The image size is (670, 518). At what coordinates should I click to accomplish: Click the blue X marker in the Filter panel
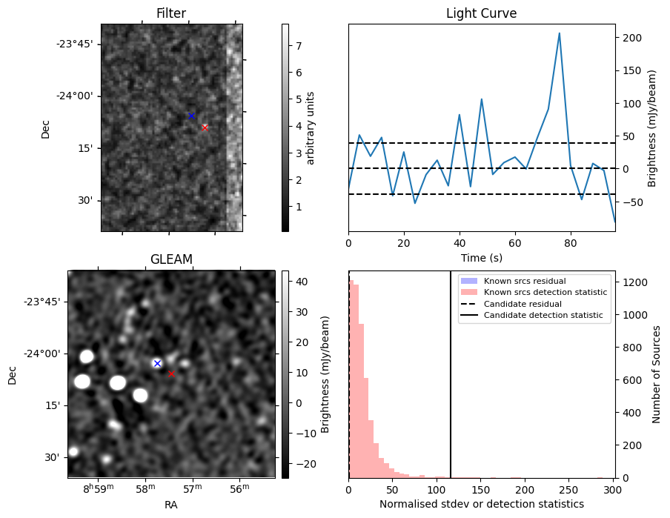191,116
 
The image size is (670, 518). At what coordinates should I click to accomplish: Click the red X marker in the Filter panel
205,127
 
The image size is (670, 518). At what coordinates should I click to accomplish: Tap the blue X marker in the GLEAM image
157,363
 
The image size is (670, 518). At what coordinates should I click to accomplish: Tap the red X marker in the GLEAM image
171,373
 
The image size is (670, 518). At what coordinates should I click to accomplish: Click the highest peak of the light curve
559,33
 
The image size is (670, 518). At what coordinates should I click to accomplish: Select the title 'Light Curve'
481,13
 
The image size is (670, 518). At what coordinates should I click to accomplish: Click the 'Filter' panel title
171,13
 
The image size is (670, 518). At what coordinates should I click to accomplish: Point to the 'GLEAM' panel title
171,259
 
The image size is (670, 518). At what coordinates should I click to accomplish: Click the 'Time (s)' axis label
481,257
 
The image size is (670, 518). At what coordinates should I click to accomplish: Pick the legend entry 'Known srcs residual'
524,282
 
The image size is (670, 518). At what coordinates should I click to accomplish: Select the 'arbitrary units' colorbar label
311,128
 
